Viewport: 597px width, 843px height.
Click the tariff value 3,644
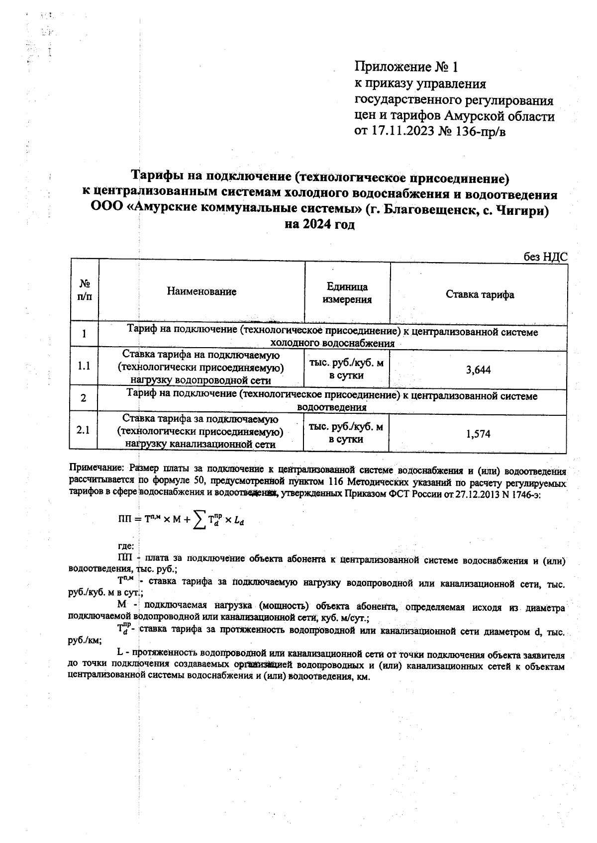point(478,370)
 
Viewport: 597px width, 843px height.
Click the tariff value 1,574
point(478,434)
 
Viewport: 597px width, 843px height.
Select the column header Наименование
point(201,292)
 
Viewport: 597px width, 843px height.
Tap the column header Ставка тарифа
point(480,294)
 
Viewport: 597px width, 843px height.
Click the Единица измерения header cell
point(347,293)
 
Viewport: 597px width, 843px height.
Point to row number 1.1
point(84,367)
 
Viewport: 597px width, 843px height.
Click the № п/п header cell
point(85,290)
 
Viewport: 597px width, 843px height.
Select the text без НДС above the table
point(545,257)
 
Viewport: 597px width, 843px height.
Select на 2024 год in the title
point(319,225)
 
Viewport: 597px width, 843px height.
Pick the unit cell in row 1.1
point(346,370)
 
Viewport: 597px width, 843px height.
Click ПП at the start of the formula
point(124,520)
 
